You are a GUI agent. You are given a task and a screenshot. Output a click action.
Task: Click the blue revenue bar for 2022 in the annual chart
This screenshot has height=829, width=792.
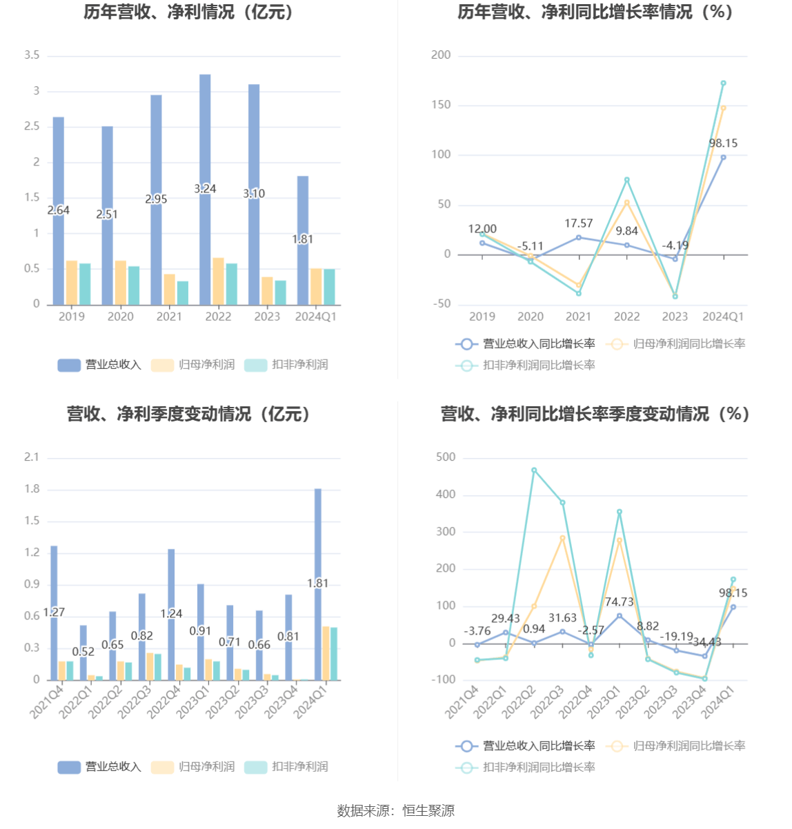coord(205,138)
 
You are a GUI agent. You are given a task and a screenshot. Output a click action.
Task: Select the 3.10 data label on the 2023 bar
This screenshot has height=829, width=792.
coord(254,194)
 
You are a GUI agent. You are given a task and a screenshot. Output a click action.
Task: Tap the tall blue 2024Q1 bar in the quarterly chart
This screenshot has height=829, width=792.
coord(318,538)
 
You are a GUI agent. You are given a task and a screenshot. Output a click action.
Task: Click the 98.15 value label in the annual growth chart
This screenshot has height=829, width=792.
coord(723,143)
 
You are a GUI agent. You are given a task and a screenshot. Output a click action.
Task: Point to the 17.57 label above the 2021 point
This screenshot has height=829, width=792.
coord(578,223)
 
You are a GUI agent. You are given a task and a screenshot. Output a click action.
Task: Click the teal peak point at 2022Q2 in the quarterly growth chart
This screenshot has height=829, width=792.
coord(534,470)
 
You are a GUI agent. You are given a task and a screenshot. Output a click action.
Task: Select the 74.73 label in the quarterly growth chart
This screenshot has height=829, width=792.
coord(619,602)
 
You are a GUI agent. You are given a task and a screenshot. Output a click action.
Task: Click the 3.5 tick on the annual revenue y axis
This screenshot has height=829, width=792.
coord(32,55)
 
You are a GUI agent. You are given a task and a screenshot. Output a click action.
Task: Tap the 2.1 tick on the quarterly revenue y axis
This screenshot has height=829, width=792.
coord(32,457)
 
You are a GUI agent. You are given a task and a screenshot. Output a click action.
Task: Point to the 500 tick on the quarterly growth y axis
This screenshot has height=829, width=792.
coord(446,457)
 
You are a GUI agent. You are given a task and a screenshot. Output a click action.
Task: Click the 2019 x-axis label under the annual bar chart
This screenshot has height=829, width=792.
coord(72,317)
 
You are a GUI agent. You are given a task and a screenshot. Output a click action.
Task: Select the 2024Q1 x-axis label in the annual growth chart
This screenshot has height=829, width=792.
coord(723,317)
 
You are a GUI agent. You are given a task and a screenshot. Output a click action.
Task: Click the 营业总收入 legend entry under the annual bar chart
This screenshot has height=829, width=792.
coord(100,365)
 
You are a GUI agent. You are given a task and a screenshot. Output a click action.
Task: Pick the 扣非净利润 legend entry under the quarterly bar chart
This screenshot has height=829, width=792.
coord(287,767)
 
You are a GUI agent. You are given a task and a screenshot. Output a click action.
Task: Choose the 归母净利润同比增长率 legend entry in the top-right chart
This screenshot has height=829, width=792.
coord(676,344)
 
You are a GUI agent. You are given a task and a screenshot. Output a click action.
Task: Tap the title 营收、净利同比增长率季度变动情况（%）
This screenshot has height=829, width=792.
coord(595,414)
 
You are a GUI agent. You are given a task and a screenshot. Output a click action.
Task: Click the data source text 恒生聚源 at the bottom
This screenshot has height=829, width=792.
coord(428,811)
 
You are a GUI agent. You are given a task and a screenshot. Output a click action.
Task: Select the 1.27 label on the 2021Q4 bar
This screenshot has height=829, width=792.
coord(54,612)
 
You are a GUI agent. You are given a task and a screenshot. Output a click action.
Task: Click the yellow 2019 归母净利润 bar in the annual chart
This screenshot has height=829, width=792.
coord(72,283)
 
